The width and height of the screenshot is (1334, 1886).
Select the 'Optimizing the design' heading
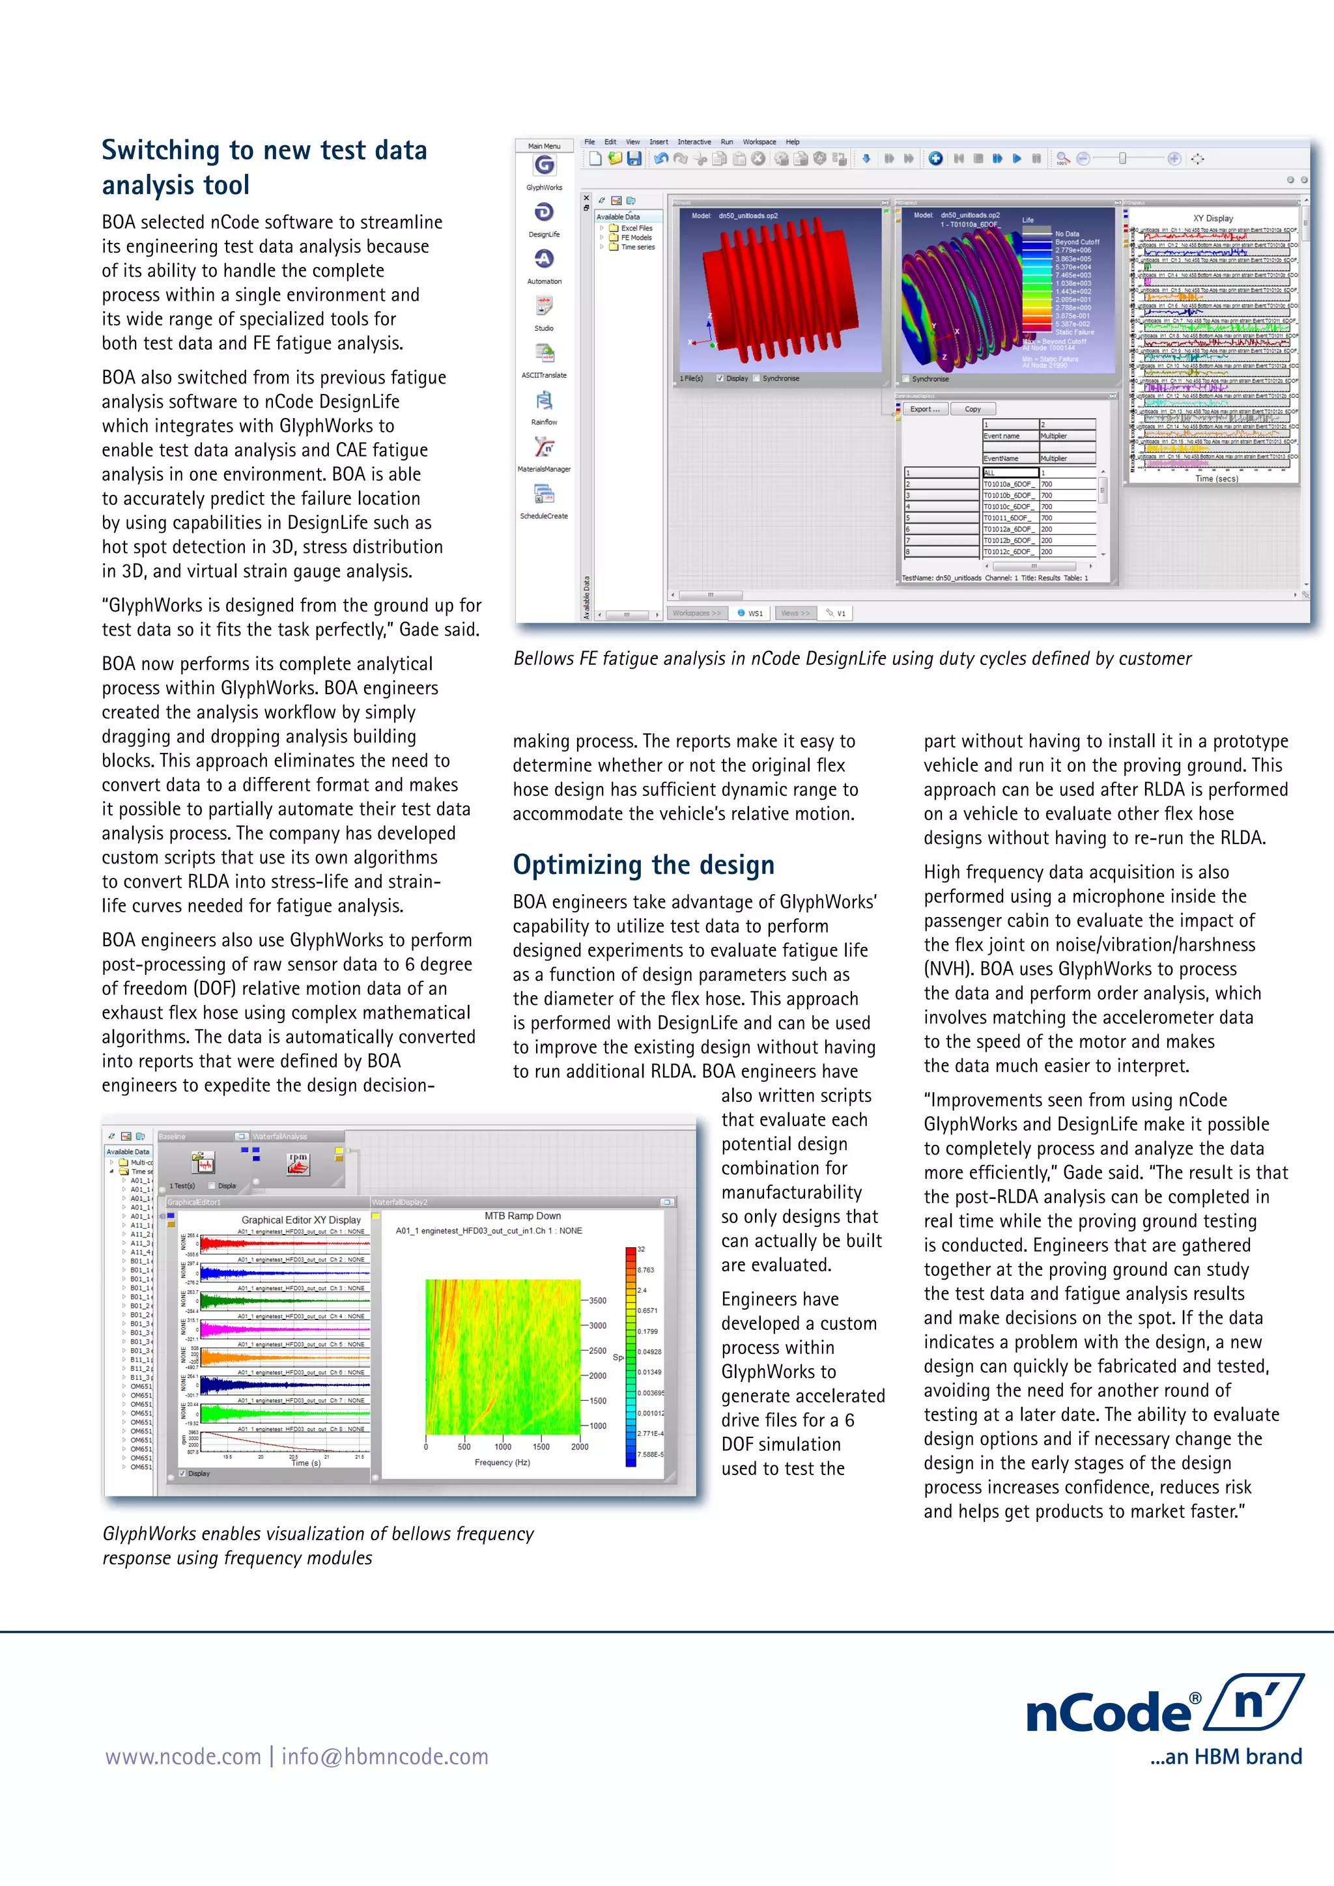click(643, 865)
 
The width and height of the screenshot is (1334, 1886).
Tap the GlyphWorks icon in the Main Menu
click(544, 166)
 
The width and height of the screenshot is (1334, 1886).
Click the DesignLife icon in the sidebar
click(544, 213)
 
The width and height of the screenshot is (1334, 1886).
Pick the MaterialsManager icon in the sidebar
click(544, 447)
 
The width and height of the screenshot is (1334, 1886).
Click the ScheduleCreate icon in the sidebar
click(544, 494)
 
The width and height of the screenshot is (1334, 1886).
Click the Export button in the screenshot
click(924, 409)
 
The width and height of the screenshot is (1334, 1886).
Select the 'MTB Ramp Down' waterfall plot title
click(522, 1216)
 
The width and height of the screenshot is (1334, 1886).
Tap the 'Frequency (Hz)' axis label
click(502, 1462)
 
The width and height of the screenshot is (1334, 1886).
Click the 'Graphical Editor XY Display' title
click(301, 1220)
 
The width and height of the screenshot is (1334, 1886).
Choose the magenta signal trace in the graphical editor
click(283, 1329)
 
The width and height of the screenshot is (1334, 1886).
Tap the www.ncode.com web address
click(182, 1757)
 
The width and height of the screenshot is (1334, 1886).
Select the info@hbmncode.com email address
click(384, 1757)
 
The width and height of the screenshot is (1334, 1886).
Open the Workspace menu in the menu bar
click(758, 142)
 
